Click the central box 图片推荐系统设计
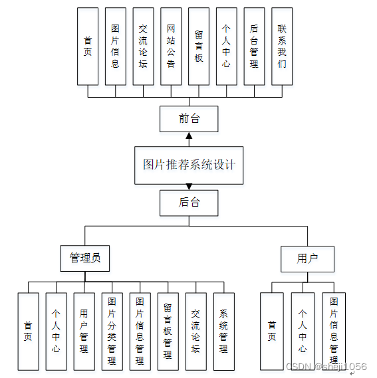(x=189, y=165)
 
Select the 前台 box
(x=189, y=119)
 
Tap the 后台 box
(x=189, y=203)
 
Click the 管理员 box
(x=85, y=258)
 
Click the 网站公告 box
(x=171, y=47)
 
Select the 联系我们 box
(x=282, y=47)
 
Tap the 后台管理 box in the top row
(x=254, y=47)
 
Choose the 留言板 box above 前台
(x=199, y=47)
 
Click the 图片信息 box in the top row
(x=115, y=47)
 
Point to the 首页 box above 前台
(x=87, y=47)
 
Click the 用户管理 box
(x=84, y=331)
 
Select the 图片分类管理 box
(x=112, y=331)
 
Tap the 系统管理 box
(x=223, y=331)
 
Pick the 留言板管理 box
(x=168, y=331)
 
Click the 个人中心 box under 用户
(x=303, y=331)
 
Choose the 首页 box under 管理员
(x=28, y=331)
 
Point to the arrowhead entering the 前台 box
(x=189, y=135)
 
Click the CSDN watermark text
(x=326, y=366)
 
